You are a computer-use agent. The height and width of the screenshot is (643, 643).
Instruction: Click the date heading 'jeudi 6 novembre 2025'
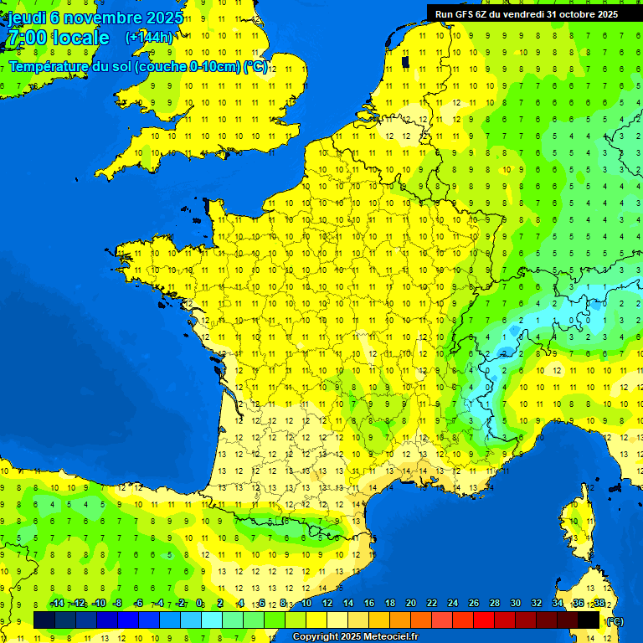tap(96, 18)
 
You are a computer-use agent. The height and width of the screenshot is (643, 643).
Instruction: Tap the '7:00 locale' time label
tap(58, 38)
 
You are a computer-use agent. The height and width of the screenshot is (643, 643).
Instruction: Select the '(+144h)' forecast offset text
tap(149, 38)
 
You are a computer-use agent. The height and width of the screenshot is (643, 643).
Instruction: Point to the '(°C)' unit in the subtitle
tap(255, 67)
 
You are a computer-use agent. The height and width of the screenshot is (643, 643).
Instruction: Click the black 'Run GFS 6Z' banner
tap(527, 13)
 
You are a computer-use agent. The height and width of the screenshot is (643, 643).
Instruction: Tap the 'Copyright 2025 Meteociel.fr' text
tap(355, 637)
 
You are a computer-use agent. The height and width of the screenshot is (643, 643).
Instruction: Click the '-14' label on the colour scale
tap(57, 604)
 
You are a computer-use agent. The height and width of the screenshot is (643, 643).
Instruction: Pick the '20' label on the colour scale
tap(410, 604)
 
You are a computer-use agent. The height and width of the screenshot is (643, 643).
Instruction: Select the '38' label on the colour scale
tap(599, 604)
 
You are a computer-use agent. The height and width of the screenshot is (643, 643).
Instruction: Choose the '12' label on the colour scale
tap(327, 604)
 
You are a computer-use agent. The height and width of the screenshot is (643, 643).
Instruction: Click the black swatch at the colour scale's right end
tap(589, 620)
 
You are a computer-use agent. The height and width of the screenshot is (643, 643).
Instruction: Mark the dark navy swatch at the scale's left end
tap(44, 620)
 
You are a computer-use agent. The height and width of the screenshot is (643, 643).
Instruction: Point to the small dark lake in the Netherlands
tap(406, 61)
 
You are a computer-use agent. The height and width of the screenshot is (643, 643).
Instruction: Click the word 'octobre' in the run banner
tap(577, 13)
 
